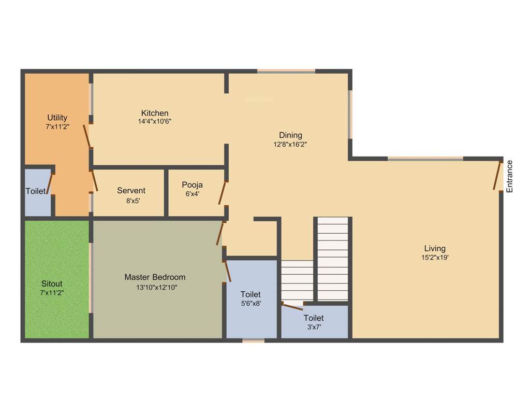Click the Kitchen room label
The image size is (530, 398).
155,113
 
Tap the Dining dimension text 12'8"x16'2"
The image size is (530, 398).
290,145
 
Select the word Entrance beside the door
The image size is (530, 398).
509,177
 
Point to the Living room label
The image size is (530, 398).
435,248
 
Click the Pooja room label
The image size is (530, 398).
192,185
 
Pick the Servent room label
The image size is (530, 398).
131,190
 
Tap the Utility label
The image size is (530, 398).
57,118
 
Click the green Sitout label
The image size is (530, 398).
52,283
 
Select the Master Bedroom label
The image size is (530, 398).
155,277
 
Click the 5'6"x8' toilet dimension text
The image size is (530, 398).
251,304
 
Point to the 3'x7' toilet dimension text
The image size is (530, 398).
314,327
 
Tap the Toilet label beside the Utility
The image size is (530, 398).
36,191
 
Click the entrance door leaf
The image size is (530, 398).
497,177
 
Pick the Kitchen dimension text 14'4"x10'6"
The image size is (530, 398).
155,122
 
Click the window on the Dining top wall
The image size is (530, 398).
286,70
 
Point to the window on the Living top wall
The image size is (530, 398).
425,159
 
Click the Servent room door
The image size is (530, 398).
94,181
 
